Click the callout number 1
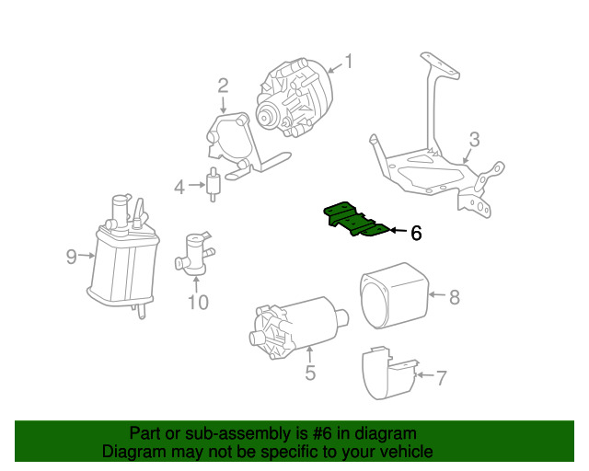349,62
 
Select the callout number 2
223,86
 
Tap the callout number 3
475,139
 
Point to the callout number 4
179,187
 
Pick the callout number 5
310,373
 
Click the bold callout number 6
416,233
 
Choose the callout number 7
442,377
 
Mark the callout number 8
455,297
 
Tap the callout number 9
72,257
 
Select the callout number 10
198,302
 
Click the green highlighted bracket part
356,221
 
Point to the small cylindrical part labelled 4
213,184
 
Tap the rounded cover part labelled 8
394,296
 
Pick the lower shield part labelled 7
388,373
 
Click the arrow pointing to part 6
398,230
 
